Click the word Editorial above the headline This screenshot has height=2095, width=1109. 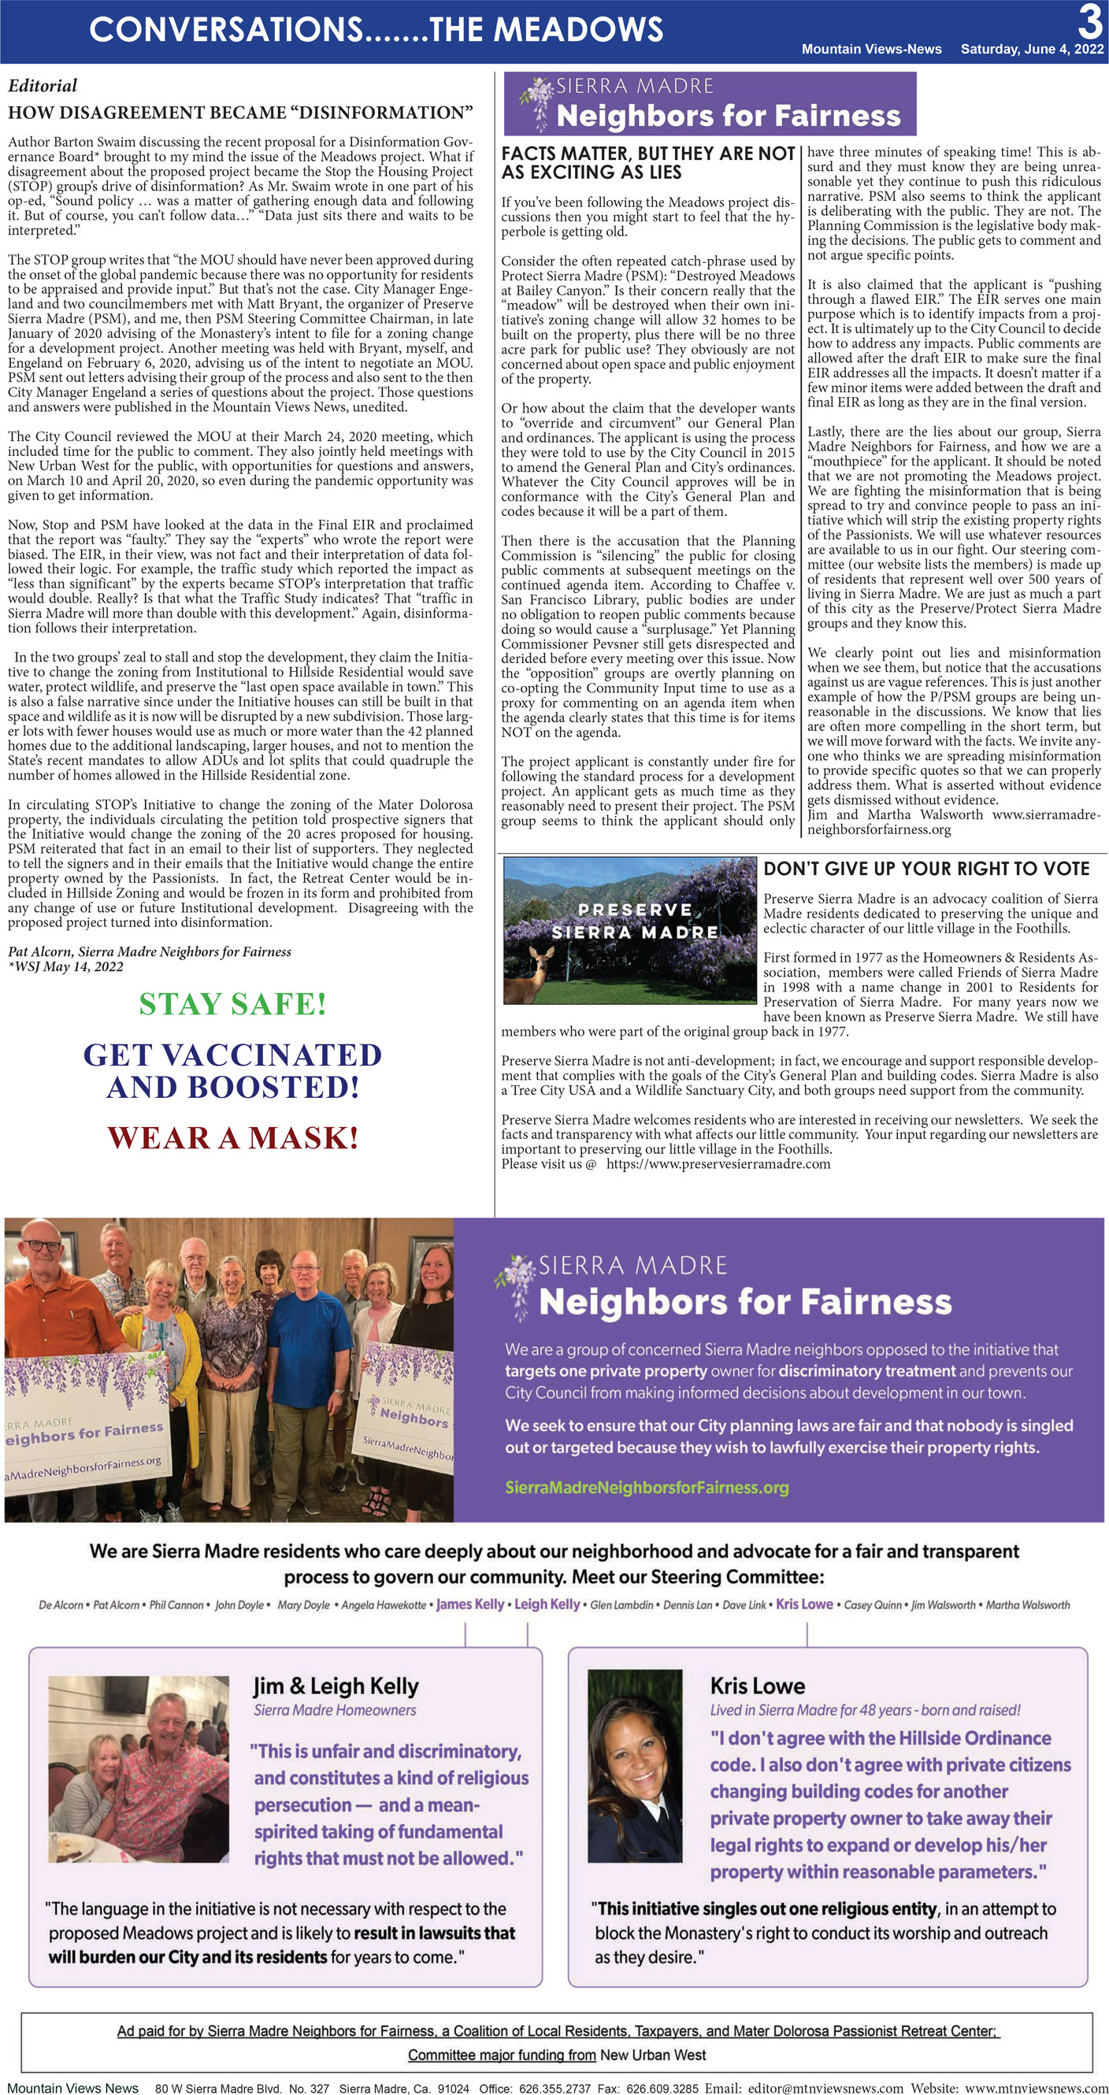43,85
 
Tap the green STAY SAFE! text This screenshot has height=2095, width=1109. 232,1004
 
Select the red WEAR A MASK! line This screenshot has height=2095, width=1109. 232,1138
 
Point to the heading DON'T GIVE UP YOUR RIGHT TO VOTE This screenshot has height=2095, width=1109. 926,869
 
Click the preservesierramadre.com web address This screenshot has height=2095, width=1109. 718,1164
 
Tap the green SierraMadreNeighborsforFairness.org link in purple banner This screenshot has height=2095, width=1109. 647,1488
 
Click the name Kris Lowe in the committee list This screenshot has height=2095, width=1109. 804,1604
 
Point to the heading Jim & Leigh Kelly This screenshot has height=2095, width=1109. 336,1686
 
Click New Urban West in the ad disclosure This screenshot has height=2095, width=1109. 652,2055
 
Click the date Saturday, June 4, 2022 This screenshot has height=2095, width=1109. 1032,49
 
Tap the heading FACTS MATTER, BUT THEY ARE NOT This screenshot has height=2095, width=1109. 647,154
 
